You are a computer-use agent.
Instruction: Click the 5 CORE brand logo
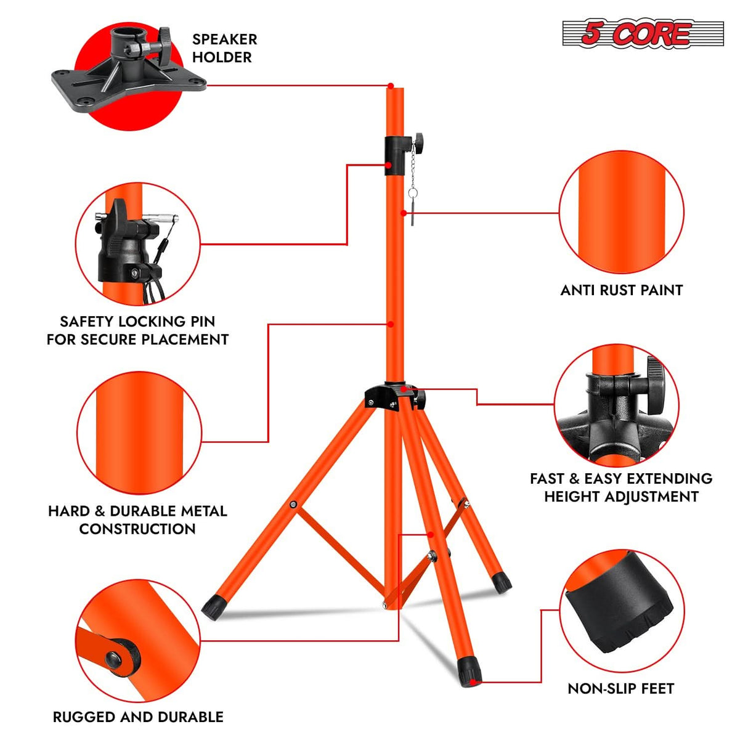643,34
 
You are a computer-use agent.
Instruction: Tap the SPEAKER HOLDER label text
224,48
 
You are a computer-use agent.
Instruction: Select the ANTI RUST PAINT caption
621,290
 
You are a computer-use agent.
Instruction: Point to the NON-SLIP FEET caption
620,688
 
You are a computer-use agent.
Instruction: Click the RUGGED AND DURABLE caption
138,717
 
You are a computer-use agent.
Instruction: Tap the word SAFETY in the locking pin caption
86,322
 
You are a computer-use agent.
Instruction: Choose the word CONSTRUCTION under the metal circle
137,529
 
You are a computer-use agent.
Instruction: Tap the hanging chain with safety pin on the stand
412,185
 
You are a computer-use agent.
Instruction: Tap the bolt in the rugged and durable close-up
114,659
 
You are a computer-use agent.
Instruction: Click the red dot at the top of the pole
391,85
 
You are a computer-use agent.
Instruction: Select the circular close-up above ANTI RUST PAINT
621,212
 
